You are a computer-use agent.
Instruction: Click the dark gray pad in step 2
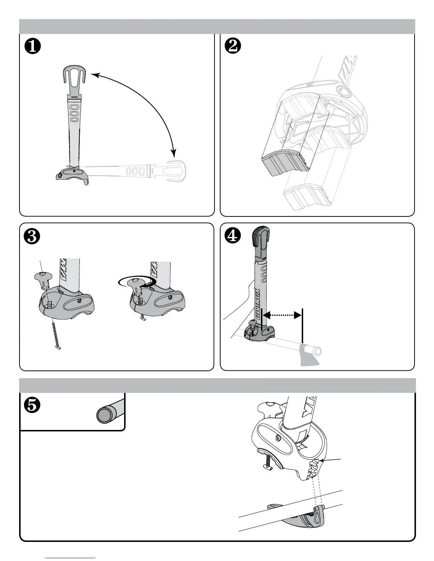coord(284,163)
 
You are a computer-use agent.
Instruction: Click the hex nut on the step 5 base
coord(278,438)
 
